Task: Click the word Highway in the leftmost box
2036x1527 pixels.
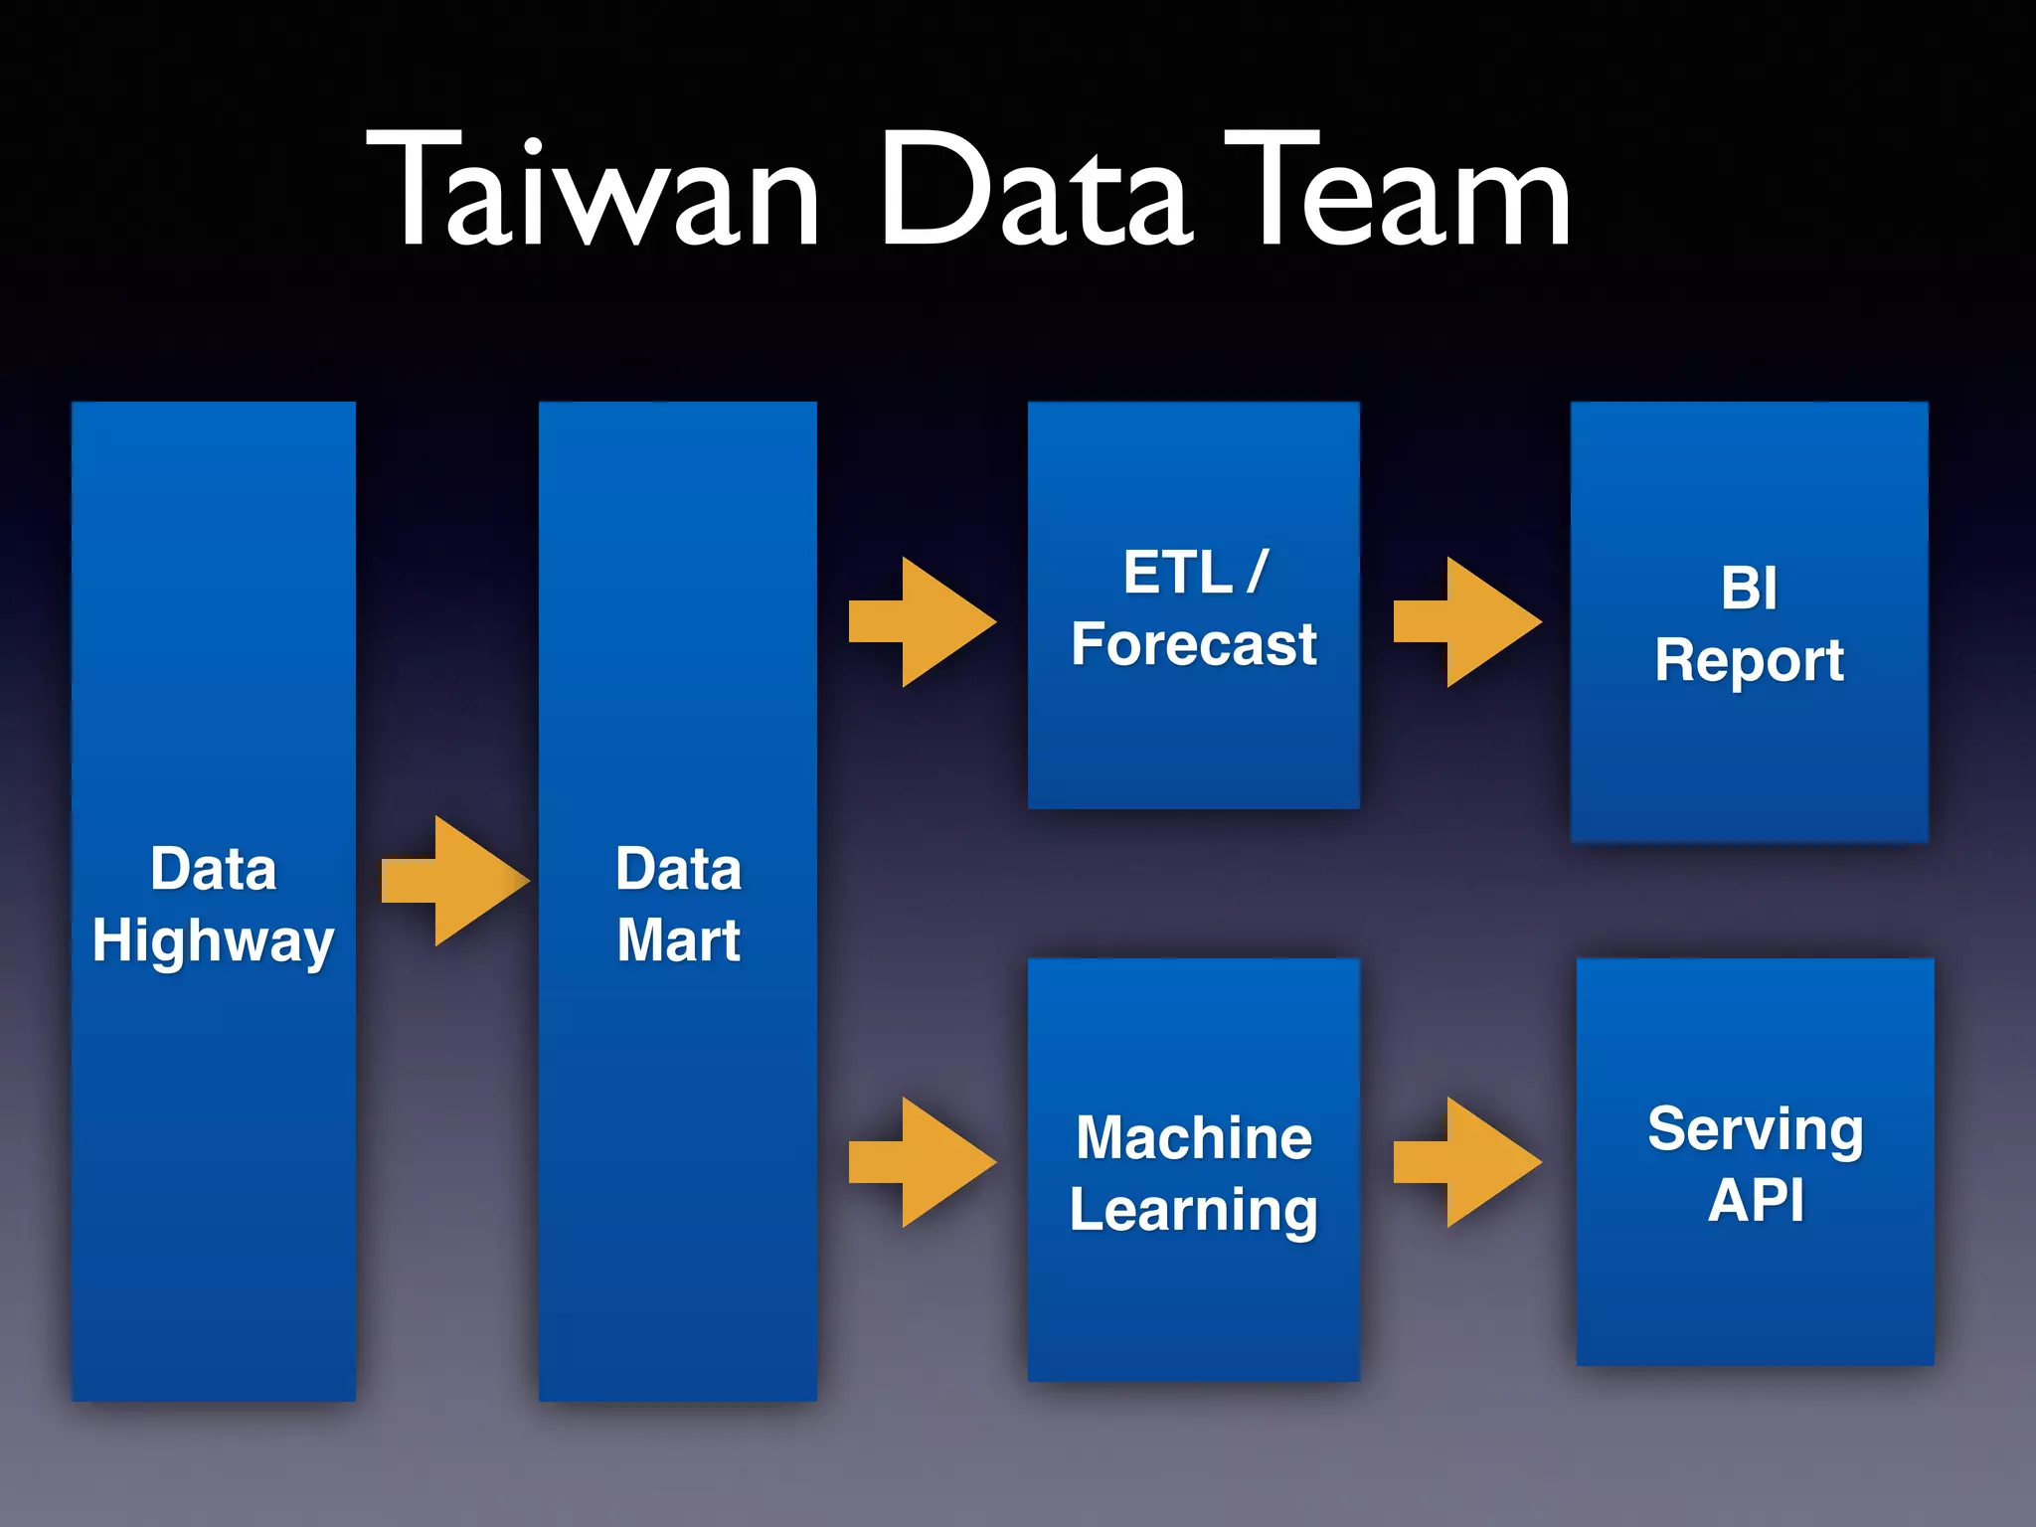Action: coord(213,941)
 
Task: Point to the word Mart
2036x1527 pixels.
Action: coord(678,939)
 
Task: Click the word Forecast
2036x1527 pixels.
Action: coord(1193,644)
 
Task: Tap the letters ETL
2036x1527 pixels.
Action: coord(1177,573)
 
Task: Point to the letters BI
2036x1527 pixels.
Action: coord(1749,589)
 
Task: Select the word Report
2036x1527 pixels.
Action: coord(1749,661)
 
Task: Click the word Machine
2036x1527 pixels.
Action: coord(1193,1137)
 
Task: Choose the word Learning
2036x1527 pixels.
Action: coord(1193,1210)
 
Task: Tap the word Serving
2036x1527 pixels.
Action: coord(1755,1129)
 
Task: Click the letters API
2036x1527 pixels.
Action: coord(1755,1201)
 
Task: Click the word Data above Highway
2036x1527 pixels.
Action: coord(213,869)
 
